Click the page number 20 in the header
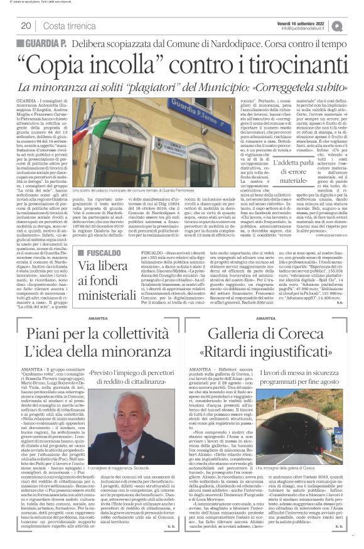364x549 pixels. coord(26,26)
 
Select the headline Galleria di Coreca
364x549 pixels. coord(272,339)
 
